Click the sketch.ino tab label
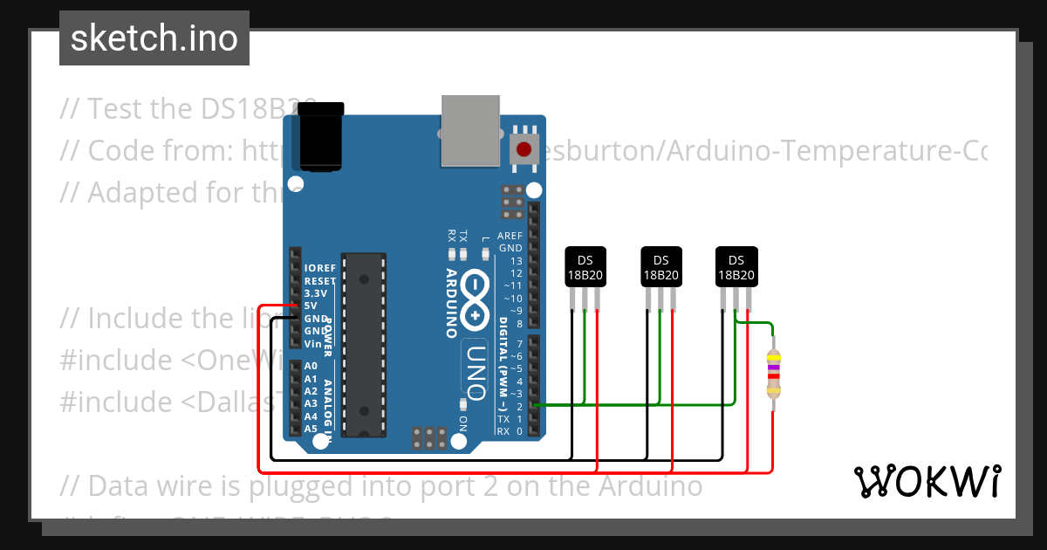pyautogui.click(x=154, y=38)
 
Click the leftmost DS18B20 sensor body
pyautogui.click(x=585, y=267)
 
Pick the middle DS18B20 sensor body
pyautogui.click(x=660, y=267)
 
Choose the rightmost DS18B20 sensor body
pyautogui.click(x=736, y=267)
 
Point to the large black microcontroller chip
pyautogui.click(x=364, y=344)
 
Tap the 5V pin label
pyautogui.click(x=311, y=306)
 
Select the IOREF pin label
pyautogui.click(x=319, y=268)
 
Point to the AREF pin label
pyautogui.click(x=510, y=236)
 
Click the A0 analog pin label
pyautogui.click(x=311, y=366)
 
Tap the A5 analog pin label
pyautogui.click(x=311, y=429)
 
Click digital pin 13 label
pyautogui.click(x=517, y=261)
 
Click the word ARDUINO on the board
pyautogui.click(x=452, y=302)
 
